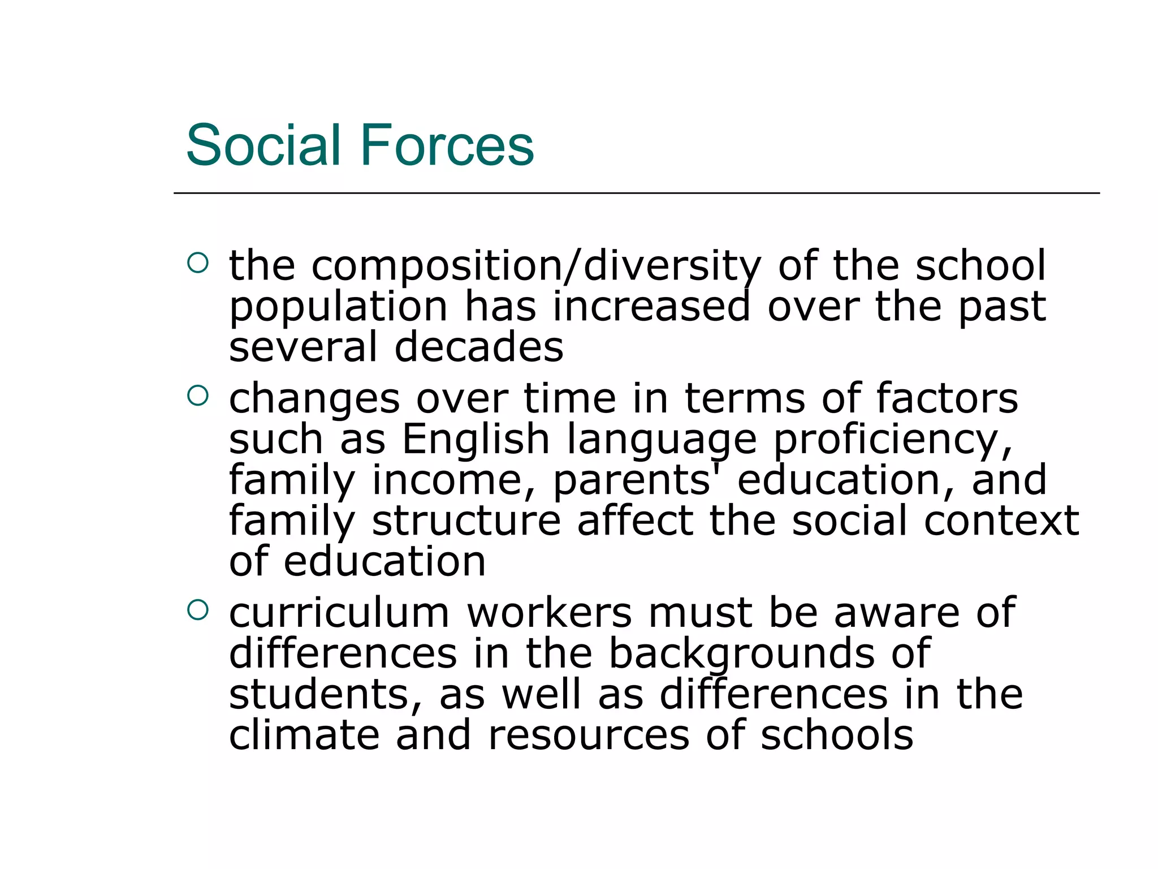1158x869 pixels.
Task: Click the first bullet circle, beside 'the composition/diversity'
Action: [x=197, y=263]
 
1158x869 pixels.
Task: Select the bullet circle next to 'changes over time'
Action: [x=197, y=396]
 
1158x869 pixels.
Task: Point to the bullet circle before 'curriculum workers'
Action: [x=197, y=610]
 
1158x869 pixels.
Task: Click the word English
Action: [x=476, y=440]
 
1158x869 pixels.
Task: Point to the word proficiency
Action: [x=893, y=441]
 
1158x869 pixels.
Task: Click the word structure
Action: [x=466, y=520]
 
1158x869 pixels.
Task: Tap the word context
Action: [x=1001, y=520]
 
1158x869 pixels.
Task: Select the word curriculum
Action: [x=339, y=613]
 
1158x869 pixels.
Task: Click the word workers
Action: [x=549, y=613]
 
